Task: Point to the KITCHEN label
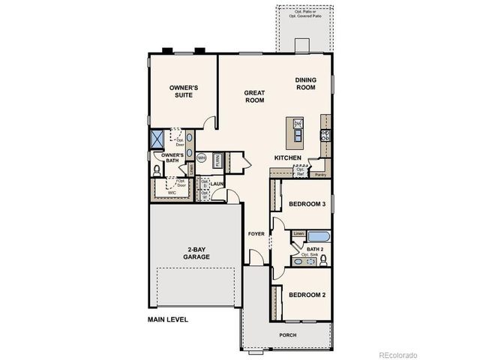pyautogui.click(x=287, y=157)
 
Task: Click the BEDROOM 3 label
pyautogui.click(x=307, y=205)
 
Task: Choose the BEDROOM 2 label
pyautogui.click(x=307, y=294)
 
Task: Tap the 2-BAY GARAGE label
pyautogui.click(x=198, y=252)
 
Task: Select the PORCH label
pyautogui.click(x=287, y=334)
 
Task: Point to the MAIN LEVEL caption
pyautogui.click(x=167, y=319)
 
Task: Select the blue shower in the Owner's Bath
pyautogui.click(x=158, y=139)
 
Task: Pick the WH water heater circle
pyautogui.click(x=201, y=157)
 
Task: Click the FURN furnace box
pyautogui.click(x=217, y=159)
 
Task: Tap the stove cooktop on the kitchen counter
pyautogui.click(x=325, y=136)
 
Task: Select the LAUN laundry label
pyautogui.click(x=217, y=183)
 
